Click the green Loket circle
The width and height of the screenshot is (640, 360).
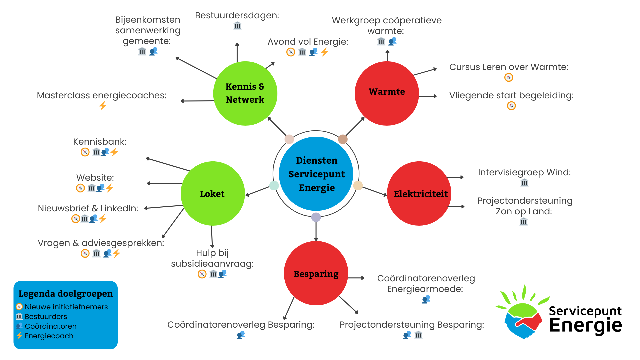tap(213, 194)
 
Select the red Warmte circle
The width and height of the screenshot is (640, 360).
tap(387, 93)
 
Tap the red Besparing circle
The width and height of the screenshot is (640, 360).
tap(316, 273)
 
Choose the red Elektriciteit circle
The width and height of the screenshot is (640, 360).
tap(419, 194)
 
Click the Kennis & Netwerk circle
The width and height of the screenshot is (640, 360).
tap(245, 93)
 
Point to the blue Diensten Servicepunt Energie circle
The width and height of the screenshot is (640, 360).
tap(316, 174)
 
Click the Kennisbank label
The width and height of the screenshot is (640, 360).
tap(100, 142)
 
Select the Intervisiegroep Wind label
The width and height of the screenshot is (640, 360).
tap(524, 172)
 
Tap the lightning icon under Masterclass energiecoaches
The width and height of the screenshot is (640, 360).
tap(103, 106)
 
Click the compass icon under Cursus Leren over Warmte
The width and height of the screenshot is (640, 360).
tap(509, 78)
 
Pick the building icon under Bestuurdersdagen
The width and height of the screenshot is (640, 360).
tap(237, 26)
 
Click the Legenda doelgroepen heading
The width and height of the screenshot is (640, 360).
tap(66, 294)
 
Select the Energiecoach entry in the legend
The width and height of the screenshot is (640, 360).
tap(49, 336)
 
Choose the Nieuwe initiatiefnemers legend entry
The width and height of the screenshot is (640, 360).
tap(66, 307)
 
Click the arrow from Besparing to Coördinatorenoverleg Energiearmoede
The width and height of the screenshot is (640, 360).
tap(356, 278)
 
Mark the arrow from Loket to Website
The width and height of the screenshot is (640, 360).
tap(165, 183)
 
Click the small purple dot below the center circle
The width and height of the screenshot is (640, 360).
tap(316, 217)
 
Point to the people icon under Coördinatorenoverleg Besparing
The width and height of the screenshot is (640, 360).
tap(241, 335)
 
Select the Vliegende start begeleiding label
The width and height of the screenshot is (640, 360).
tap(511, 95)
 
